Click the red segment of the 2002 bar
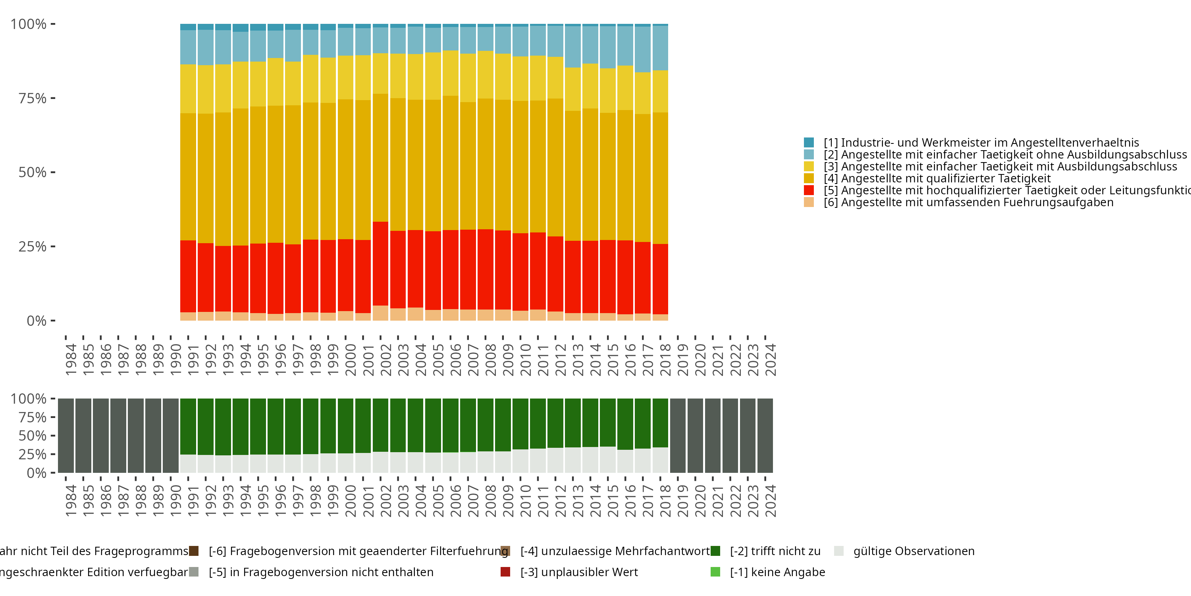point(380,264)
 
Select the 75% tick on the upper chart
point(33,98)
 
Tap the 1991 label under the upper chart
point(193,360)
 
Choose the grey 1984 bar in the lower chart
point(66,435)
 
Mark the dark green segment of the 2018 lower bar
point(660,422)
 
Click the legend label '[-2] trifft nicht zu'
point(775,551)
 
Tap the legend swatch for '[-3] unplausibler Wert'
point(505,572)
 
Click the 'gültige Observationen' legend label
point(913,551)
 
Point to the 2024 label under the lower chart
point(770,501)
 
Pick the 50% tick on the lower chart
point(33,435)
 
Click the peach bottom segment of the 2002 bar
point(380,313)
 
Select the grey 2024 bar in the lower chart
point(765,435)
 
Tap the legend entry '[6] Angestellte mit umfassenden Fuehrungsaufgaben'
point(968,202)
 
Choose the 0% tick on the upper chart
point(37,321)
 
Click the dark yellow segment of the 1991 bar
point(188,177)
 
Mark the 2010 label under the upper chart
point(526,360)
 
